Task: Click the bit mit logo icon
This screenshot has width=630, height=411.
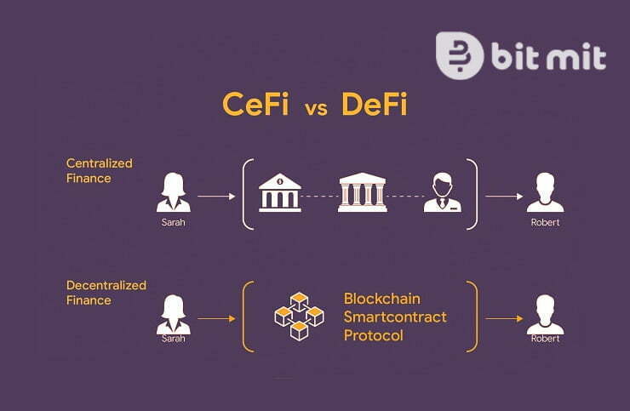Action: click(x=459, y=55)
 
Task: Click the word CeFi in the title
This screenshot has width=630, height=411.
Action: click(x=256, y=104)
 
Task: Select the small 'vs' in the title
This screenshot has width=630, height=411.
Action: click(x=316, y=107)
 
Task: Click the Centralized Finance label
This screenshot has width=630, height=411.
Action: click(x=99, y=170)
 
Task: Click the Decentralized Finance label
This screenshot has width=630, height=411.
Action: click(x=106, y=292)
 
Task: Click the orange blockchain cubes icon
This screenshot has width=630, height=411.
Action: click(x=299, y=316)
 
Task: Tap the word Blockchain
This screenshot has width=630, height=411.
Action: click(x=381, y=299)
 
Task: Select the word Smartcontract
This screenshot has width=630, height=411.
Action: click(x=394, y=317)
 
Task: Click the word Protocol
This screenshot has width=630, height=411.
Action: click(x=373, y=335)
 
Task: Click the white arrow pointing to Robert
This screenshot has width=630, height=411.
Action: click(x=503, y=196)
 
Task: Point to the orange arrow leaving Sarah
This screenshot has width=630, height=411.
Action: click(x=215, y=319)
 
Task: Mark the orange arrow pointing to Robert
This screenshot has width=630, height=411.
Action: click(x=503, y=319)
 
